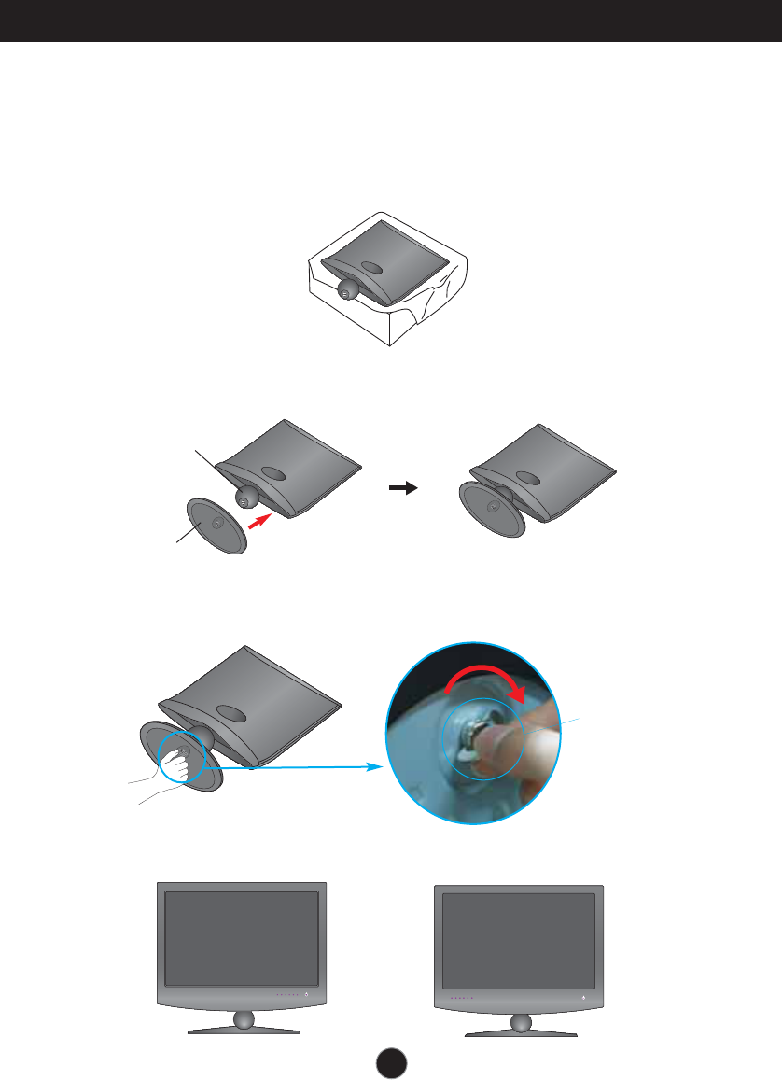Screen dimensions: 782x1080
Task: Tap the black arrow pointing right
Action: (x=403, y=488)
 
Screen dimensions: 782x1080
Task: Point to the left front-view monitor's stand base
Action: (x=244, y=1030)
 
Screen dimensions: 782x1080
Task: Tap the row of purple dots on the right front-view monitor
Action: (x=461, y=998)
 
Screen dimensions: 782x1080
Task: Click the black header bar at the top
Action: (x=391, y=21)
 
